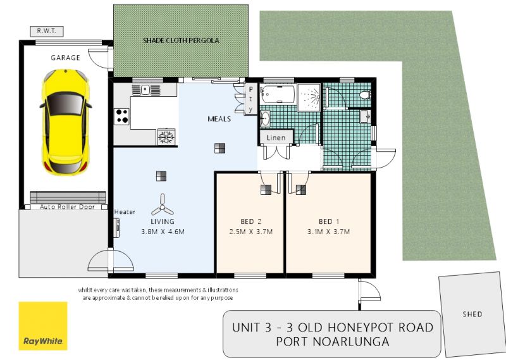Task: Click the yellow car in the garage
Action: (66, 122)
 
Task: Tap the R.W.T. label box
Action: (47, 32)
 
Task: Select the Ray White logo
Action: (43, 326)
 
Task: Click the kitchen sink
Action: (146, 89)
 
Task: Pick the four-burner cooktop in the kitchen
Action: (121, 116)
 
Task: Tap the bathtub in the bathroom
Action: (278, 94)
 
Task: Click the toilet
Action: (365, 95)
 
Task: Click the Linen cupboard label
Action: (276, 137)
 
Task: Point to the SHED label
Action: (472, 314)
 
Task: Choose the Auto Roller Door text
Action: (68, 207)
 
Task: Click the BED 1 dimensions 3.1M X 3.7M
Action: (328, 232)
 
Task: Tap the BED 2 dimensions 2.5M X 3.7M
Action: (251, 232)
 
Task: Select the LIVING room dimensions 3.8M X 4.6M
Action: (163, 232)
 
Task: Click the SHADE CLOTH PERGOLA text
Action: (181, 40)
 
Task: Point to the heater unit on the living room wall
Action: (117, 227)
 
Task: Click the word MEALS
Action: (219, 119)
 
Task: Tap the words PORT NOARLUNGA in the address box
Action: (333, 341)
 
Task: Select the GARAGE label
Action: (66, 58)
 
